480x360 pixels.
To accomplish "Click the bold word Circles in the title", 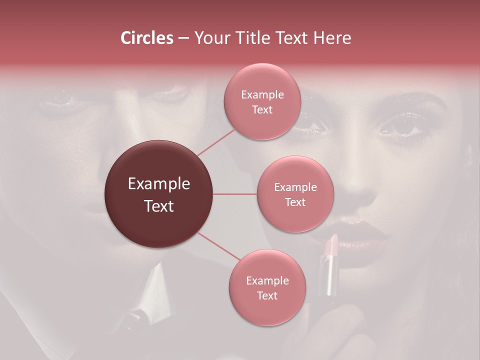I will (x=147, y=38).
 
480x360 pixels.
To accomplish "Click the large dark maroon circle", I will (x=159, y=194).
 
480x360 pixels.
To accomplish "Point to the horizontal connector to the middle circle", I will (x=235, y=194).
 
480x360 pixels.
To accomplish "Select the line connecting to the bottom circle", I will (x=218, y=246).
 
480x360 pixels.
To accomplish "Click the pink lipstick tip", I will (x=330, y=243).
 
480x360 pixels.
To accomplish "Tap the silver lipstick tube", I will (x=328, y=275).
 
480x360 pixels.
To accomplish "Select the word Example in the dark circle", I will (x=159, y=184).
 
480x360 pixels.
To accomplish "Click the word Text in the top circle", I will (x=262, y=110).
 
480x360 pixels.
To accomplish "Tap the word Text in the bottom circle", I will (x=267, y=296).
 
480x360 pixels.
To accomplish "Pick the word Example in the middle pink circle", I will (x=295, y=187).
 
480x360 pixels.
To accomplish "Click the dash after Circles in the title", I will (x=183, y=38).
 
